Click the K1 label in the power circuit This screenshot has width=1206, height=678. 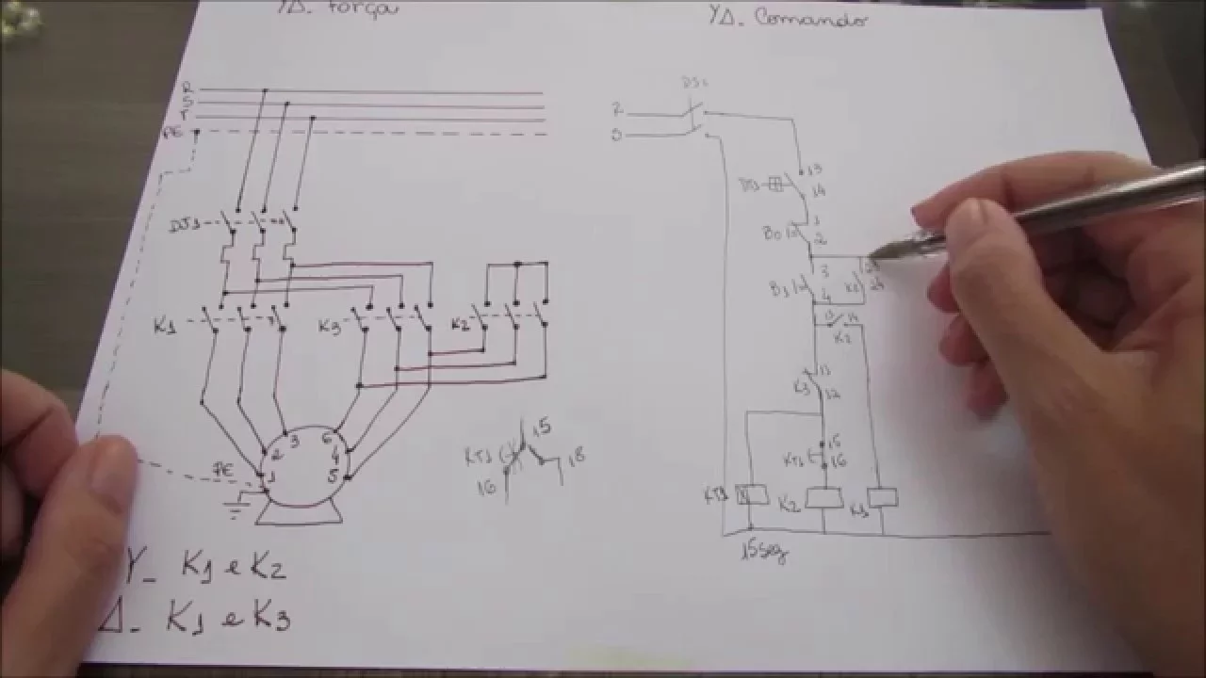pos(166,327)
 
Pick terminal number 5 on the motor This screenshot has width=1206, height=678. pos(332,476)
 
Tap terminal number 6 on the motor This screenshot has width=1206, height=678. pos(326,438)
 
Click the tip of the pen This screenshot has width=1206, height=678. pos(872,252)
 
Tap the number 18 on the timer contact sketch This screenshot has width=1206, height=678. pos(577,456)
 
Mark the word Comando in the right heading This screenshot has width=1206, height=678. pos(810,20)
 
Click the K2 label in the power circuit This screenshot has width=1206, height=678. pos(460,325)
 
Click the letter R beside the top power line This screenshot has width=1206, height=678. pos(187,88)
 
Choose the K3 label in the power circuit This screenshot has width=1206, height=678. pos(330,326)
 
